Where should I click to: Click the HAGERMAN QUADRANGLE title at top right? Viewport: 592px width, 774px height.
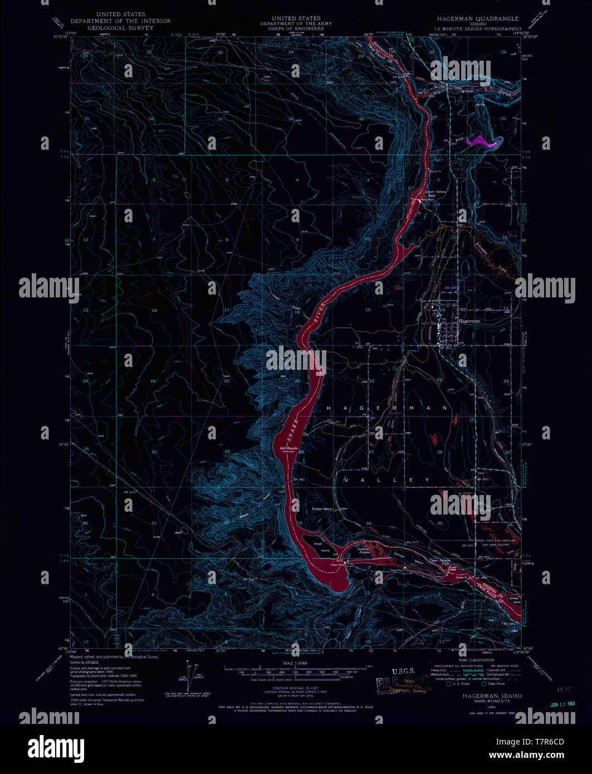click(477, 18)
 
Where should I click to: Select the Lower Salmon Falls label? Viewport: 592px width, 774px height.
click(436, 194)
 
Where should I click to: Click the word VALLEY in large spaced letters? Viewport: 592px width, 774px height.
click(387, 480)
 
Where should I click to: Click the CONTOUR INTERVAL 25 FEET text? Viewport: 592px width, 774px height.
click(295, 688)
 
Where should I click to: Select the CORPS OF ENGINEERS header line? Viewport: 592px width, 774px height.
click(296, 28)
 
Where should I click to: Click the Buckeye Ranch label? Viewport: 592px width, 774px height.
click(321, 509)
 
